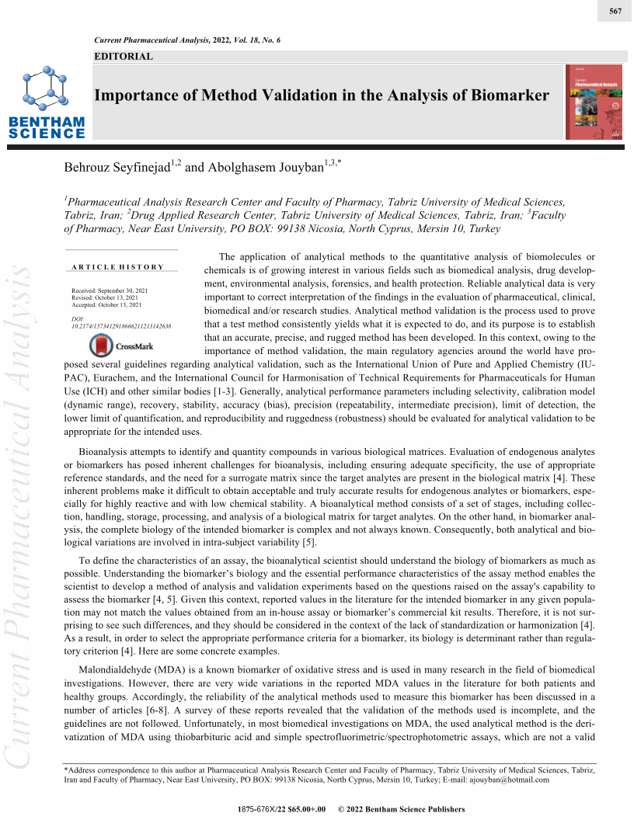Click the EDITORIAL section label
click(x=123, y=56)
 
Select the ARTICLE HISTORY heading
click(x=118, y=267)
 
